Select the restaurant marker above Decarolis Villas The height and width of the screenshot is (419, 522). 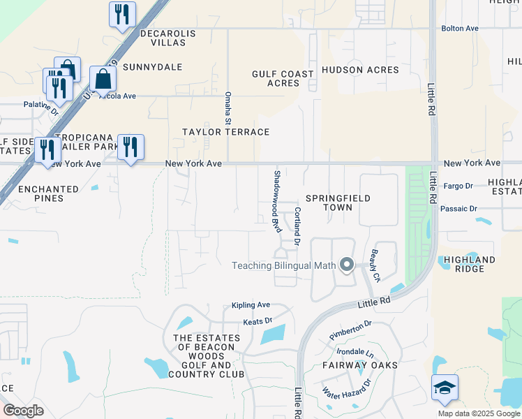123,15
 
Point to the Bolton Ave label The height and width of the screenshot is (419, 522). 459,29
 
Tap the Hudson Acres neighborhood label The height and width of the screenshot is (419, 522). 360,70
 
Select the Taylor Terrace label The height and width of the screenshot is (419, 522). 225,132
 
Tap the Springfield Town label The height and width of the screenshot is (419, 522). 338,203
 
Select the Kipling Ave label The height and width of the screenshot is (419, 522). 251,305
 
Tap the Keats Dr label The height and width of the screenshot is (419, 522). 256,321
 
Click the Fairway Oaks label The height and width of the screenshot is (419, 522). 360,365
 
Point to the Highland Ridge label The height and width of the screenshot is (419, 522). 469,264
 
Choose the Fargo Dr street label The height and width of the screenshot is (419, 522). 458,186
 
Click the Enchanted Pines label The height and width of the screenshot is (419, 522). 49,193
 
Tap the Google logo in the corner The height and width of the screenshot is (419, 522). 24,410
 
